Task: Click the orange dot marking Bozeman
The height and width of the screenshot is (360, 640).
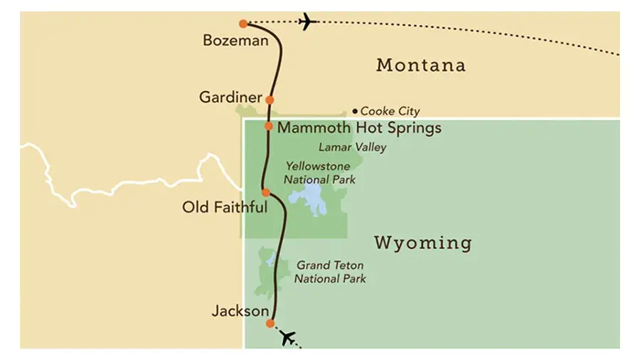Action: [244, 23]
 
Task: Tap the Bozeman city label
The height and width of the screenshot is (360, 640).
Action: [235, 41]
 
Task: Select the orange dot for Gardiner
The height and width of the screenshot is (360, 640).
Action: [269, 100]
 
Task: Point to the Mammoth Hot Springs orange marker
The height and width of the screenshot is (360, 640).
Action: [268, 126]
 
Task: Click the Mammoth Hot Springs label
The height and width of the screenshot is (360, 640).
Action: [359, 128]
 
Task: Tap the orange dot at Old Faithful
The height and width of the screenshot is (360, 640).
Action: [265, 192]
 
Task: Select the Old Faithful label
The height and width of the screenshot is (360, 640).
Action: [225, 208]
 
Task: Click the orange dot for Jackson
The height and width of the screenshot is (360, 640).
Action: [270, 323]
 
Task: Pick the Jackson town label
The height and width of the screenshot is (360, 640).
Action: [240, 311]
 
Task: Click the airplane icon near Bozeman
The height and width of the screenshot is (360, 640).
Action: [307, 21]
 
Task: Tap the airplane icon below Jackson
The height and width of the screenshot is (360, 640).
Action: [287, 338]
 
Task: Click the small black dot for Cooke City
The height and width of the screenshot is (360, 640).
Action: [355, 111]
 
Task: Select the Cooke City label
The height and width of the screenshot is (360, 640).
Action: [390, 111]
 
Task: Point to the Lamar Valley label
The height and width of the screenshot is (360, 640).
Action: [352, 147]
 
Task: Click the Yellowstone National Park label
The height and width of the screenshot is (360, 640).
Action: [320, 173]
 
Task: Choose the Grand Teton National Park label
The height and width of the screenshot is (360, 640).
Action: [331, 271]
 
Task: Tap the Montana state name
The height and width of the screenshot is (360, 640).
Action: [421, 65]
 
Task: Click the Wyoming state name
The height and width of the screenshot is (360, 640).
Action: [422, 243]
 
